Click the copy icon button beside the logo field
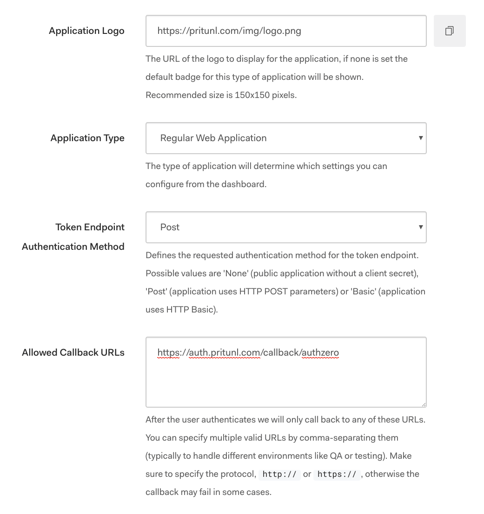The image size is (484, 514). pos(449,31)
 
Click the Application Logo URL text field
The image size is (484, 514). pos(285,31)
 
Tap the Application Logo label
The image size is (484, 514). pos(86,31)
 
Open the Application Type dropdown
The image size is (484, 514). pos(285,138)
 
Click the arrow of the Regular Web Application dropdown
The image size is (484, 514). pos(420,138)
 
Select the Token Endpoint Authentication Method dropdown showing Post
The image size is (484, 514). pos(285,227)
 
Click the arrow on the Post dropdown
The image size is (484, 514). pos(420,227)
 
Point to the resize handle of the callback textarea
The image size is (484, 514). pos(424,404)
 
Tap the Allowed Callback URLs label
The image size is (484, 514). pos(73,352)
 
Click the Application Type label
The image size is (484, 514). pos(87,138)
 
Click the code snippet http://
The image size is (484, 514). pos(279,474)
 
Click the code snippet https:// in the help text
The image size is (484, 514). pos(337,474)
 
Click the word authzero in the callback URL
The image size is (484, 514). pos(320,353)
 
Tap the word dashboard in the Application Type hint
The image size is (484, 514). pos(244,184)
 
